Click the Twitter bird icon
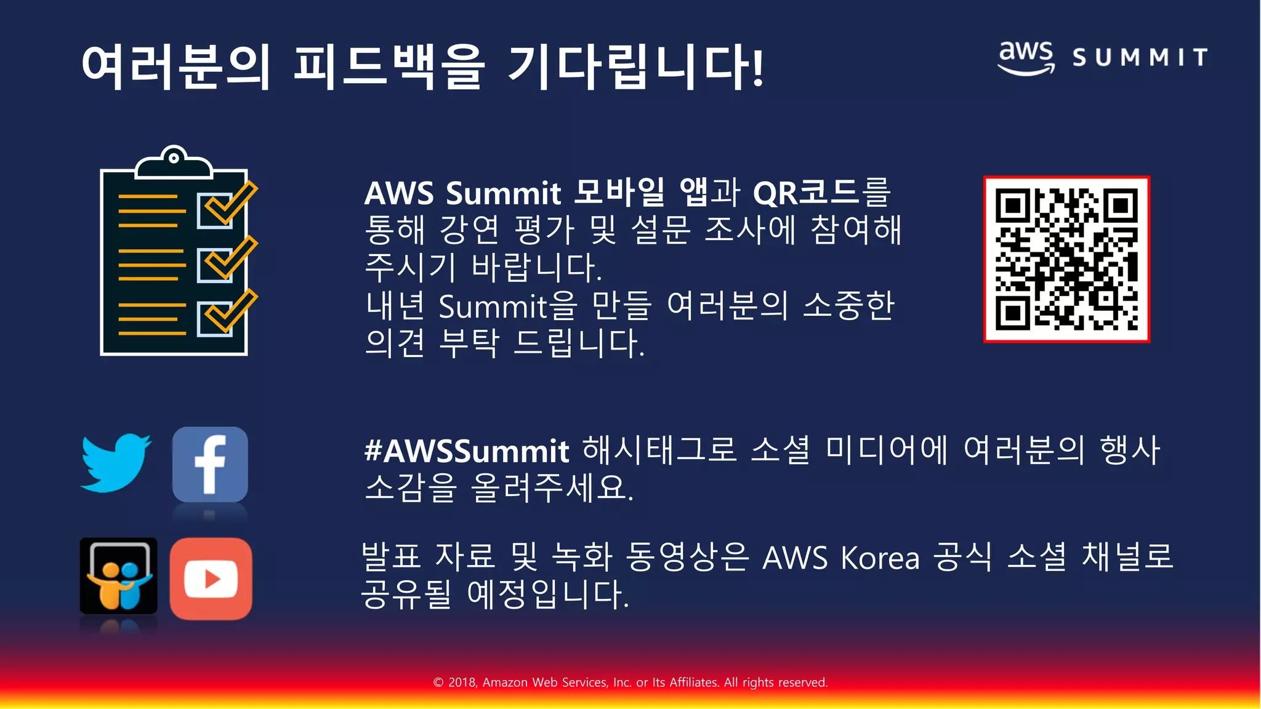pyautogui.click(x=115, y=463)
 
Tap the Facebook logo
pyautogui.click(x=210, y=465)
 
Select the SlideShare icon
pyautogui.click(x=118, y=576)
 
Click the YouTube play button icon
pyautogui.click(x=211, y=579)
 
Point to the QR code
pyautogui.click(x=1066, y=259)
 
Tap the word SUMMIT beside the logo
pyautogui.click(x=1140, y=58)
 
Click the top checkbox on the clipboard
pyautogui.click(x=215, y=210)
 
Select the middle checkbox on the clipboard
pyautogui.click(x=215, y=265)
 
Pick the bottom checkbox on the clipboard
pyautogui.click(x=215, y=318)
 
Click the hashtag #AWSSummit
pyautogui.click(x=467, y=451)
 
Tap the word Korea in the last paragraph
pyautogui.click(x=880, y=558)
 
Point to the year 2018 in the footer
pyautogui.click(x=462, y=682)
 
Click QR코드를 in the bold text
pyautogui.click(x=821, y=193)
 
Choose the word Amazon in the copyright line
pyautogui.click(x=505, y=682)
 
